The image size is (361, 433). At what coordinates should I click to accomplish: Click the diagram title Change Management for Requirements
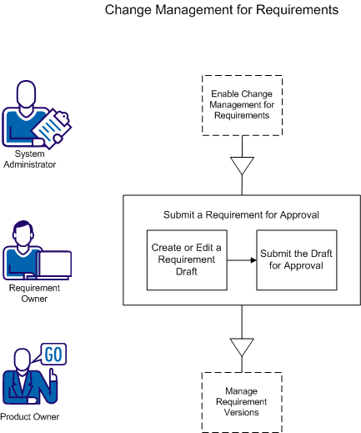222,11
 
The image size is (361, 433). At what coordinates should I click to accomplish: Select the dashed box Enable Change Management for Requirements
242,105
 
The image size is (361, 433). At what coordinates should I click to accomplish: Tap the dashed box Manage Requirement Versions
242,401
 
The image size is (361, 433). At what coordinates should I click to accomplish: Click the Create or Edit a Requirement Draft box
187,259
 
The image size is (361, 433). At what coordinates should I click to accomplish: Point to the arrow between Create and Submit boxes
242,260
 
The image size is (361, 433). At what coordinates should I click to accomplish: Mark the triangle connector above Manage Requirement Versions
242,348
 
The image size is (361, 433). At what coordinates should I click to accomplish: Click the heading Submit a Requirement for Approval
242,214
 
